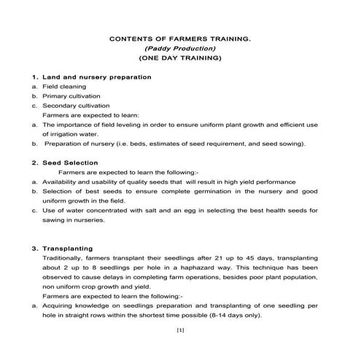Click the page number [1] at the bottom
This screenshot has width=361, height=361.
180,330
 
